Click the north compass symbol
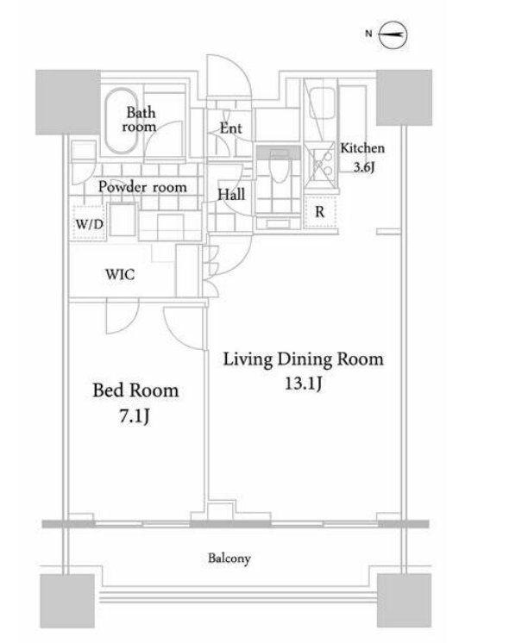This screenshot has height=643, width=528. click(x=392, y=34)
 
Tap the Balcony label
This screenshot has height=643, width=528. click(x=229, y=559)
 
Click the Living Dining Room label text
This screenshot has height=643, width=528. click(x=304, y=359)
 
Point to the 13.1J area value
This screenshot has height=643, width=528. click(x=304, y=384)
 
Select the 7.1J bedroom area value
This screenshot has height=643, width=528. click(x=135, y=416)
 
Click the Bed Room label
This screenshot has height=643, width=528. click(x=135, y=390)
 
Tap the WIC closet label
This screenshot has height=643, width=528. click(x=120, y=274)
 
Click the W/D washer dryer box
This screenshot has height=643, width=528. click(x=89, y=222)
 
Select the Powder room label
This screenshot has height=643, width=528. click(x=142, y=187)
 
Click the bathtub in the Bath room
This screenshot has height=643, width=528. click(x=122, y=121)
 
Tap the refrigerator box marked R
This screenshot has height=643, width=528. click(x=320, y=211)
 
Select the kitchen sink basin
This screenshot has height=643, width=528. click(x=322, y=103)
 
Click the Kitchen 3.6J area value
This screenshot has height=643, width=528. click(x=364, y=167)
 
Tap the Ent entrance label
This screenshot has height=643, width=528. click(x=230, y=128)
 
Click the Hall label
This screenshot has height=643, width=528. click(x=231, y=195)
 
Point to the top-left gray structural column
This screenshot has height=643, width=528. click(x=68, y=102)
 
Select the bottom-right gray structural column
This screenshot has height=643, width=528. click(x=405, y=601)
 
